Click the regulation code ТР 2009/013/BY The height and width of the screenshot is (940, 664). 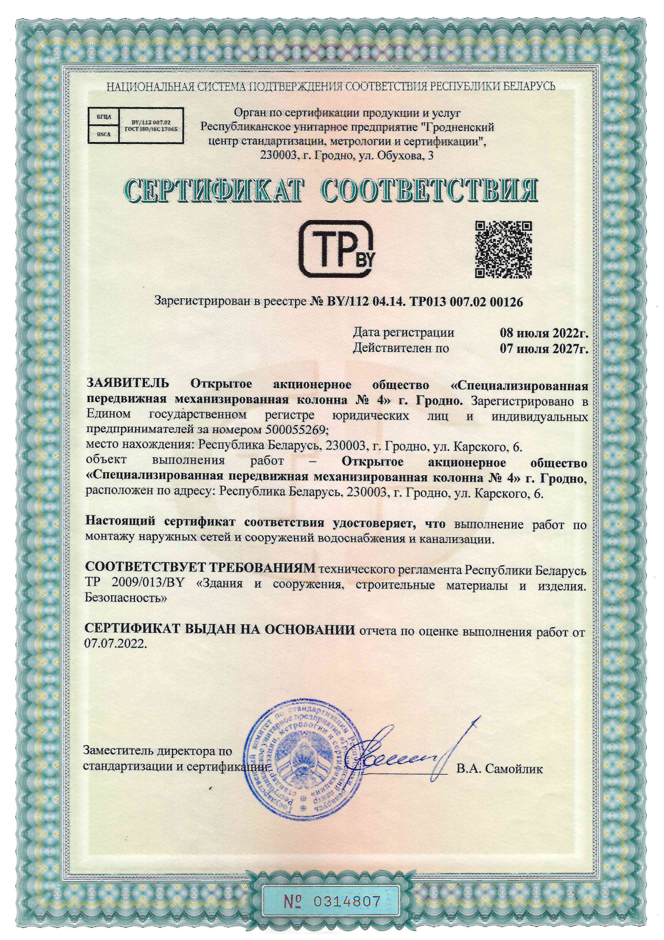[x=135, y=584]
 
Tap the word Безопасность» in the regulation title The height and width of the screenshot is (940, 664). [x=126, y=598]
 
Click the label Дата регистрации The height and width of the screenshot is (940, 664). [x=403, y=332]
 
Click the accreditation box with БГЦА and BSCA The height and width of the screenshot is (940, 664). [x=135, y=125]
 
